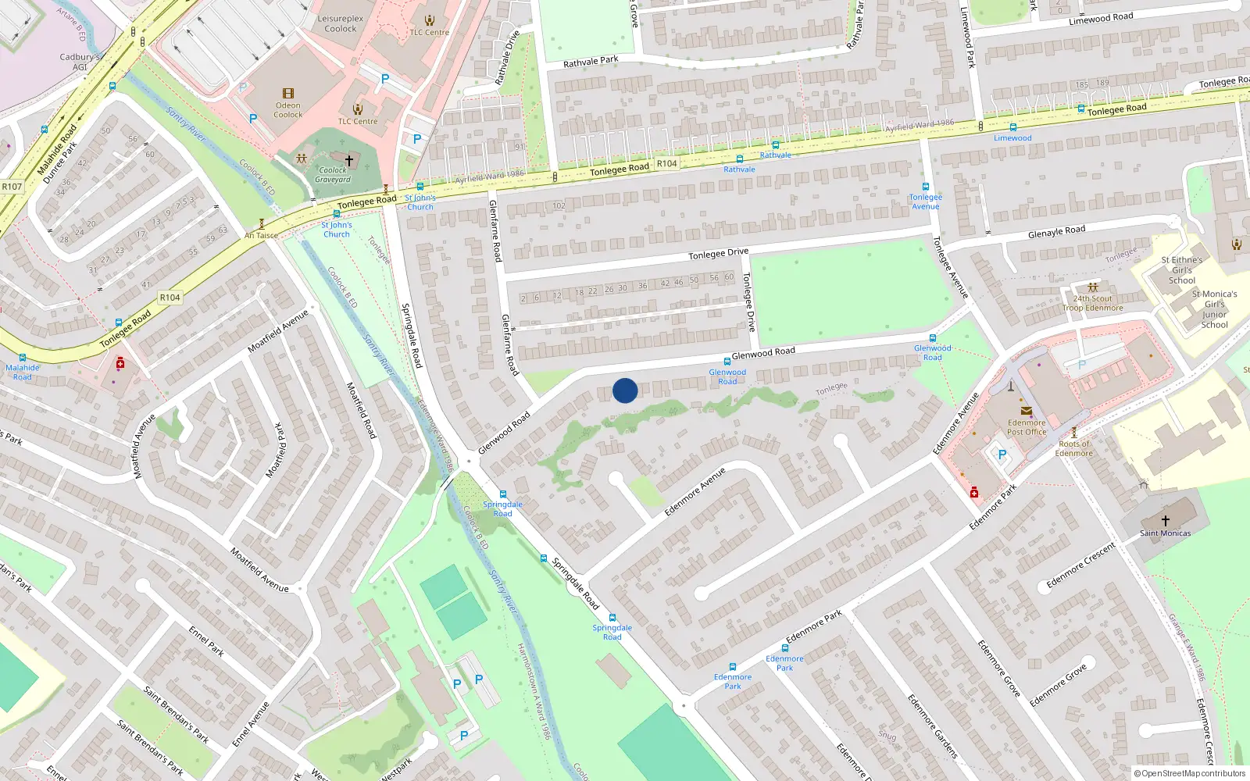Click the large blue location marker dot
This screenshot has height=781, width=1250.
tap(625, 390)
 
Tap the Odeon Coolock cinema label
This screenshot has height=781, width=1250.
tap(287, 110)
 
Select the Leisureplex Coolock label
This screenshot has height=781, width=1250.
tap(340, 23)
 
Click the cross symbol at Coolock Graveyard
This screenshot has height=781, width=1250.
tap(349, 159)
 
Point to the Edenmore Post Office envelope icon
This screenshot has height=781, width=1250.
tap(1027, 411)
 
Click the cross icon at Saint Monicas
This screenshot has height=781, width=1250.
tap(1165, 520)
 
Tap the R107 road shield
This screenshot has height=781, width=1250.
tap(12, 187)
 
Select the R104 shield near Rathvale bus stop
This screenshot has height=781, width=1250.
tap(666, 163)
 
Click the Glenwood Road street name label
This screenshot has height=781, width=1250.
tap(763, 353)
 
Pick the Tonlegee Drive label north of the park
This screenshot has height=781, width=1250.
tap(718, 254)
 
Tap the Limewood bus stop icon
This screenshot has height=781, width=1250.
tap(1012, 127)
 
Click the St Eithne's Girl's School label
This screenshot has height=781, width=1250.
tap(1181, 270)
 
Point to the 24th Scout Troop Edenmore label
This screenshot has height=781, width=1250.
tap(1092, 303)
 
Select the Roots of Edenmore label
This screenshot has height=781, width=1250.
tap(1073, 448)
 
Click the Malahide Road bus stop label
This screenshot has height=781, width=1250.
tap(22, 373)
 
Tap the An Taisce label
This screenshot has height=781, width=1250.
tap(261, 235)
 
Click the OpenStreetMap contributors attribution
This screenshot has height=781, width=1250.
tap(1190, 773)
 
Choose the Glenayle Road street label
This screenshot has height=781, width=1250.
tap(1056, 232)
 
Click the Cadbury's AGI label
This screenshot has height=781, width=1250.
tap(80, 62)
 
